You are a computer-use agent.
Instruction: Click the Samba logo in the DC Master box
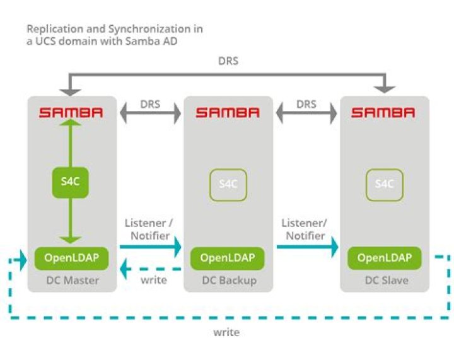pos(71,113)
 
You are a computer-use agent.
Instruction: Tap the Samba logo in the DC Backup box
pos(227,113)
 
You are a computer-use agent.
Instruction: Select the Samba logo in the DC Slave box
pos(383,113)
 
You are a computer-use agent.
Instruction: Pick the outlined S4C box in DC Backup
pos(227,184)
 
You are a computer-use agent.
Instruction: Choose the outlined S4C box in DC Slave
pos(384,184)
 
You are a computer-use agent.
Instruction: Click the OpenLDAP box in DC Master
pos(71,257)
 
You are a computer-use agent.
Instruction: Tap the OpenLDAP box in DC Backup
pos(227,258)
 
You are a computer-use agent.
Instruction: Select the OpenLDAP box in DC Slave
pos(384,258)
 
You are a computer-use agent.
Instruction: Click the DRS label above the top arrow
pos(228,62)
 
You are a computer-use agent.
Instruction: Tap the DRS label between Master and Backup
pos(149,103)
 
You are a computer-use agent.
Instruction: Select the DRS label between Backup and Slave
pos(306,103)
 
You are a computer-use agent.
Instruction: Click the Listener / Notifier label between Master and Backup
pos(149,229)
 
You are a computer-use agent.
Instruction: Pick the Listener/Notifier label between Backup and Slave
pos(306,229)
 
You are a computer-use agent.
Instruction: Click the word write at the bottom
pos(226,332)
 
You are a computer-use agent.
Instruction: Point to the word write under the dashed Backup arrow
pos(154,280)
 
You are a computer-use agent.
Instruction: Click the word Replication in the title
pos(54,29)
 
